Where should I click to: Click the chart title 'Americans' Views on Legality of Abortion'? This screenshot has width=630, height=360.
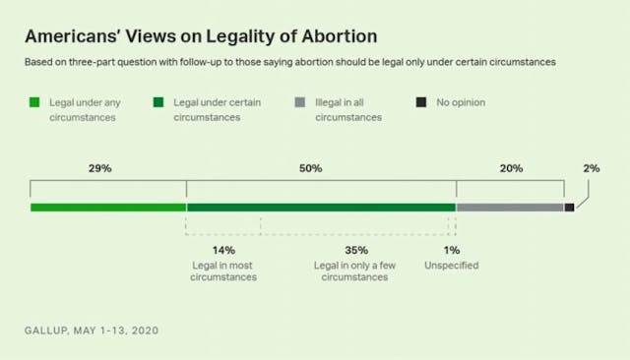(x=201, y=37)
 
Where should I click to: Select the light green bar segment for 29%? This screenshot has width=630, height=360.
(x=107, y=208)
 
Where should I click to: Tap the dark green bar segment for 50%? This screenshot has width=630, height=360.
(x=321, y=208)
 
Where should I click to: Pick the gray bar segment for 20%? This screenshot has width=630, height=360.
(x=510, y=208)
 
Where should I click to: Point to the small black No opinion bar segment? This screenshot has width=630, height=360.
(x=569, y=208)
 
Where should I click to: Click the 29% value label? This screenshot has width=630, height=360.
(x=99, y=169)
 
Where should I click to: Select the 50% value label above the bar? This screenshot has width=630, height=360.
(x=310, y=169)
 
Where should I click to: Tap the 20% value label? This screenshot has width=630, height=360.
(x=511, y=169)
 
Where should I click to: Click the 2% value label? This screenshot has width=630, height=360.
(x=591, y=169)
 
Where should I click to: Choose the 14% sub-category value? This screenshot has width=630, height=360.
(x=223, y=251)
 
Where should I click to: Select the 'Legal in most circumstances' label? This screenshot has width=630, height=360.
(x=224, y=271)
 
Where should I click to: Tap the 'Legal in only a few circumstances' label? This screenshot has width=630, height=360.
(x=349, y=271)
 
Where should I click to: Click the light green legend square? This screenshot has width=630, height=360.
(x=34, y=101)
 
